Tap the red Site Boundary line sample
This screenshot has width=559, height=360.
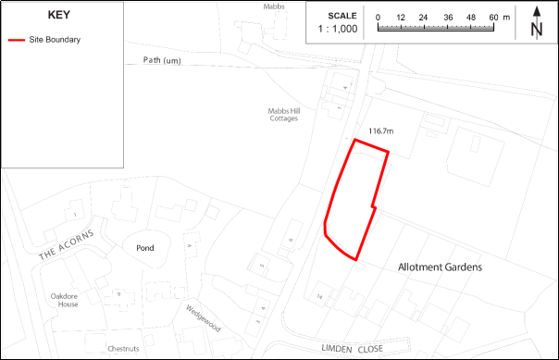coord(16,41)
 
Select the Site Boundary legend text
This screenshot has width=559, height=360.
coord(55,41)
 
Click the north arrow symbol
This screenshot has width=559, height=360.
coord(536,21)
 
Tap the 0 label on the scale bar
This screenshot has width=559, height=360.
coord(379,18)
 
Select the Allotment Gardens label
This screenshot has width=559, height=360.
coord(441,267)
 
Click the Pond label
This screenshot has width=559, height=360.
coord(144,248)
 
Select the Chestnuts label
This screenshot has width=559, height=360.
coord(122,348)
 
